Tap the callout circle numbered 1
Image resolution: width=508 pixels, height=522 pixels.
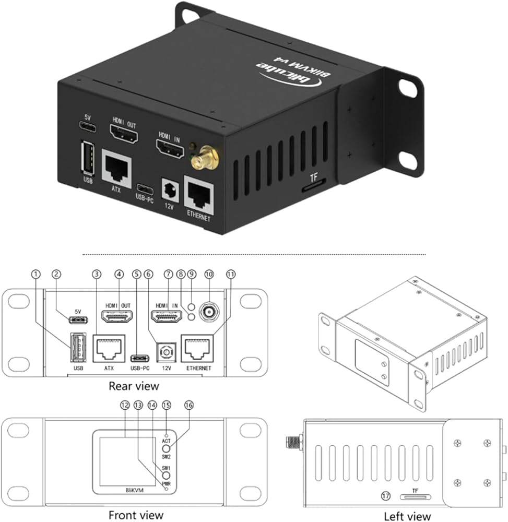pyautogui.click(x=36, y=274)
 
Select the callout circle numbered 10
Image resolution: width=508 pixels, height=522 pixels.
pyautogui.click(x=210, y=274)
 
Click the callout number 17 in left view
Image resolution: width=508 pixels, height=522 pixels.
pyautogui.click(x=383, y=495)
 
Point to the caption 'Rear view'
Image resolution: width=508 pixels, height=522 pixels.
pyautogui.click(x=134, y=386)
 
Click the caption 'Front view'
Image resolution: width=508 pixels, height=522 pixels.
pyautogui.click(x=136, y=515)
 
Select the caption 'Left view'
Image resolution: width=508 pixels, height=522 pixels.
pyautogui.click(x=407, y=516)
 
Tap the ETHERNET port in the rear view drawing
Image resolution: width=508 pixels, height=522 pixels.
pyautogui.click(x=196, y=348)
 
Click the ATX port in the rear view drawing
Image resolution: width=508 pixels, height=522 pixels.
pyautogui.click(x=109, y=348)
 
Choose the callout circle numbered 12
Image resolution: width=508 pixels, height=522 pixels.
pyautogui.click(x=124, y=405)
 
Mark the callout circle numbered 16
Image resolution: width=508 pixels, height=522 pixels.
pyautogui.click(x=188, y=405)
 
